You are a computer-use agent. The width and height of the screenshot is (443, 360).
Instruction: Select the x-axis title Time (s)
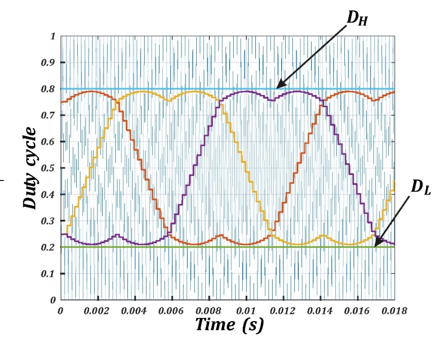click(x=229, y=325)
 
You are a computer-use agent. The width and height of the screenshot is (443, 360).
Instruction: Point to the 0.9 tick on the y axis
click(x=49, y=63)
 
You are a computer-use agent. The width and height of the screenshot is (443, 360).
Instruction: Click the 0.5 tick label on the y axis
click(x=49, y=168)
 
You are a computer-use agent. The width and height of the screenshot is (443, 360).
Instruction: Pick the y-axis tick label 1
click(x=52, y=36)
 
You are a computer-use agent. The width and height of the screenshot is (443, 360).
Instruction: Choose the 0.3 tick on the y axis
click(x=49, y=221)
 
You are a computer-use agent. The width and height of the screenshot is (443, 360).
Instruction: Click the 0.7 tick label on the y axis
click(x=49, y=115)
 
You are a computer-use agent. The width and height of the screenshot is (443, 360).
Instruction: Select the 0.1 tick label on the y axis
click(x=49, y=274)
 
